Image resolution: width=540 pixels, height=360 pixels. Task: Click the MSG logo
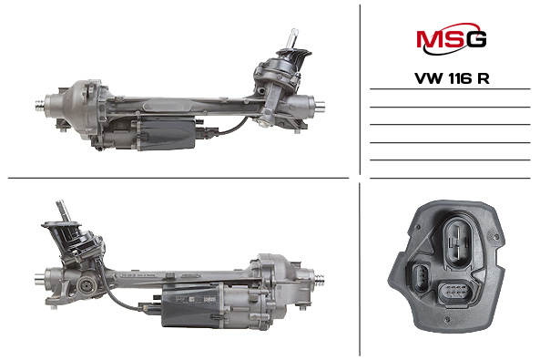(451, 39)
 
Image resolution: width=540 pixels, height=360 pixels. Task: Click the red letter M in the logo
(429, 39)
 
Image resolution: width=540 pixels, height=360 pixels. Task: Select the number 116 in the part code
(461, 78)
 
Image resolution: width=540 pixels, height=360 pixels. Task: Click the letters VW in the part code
(429, 78)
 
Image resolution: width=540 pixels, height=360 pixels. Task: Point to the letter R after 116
(484, 78)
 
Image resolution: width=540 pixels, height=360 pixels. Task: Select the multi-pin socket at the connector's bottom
(453, 293)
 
